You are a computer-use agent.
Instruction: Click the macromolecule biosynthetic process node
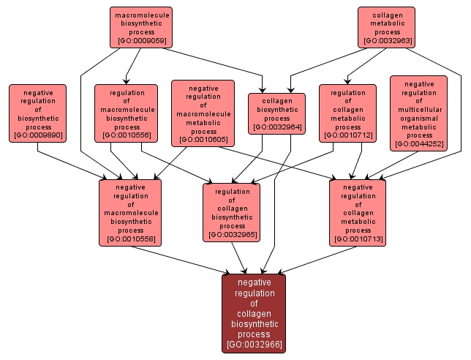click(142, 28)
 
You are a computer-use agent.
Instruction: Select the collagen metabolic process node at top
click(386, 28)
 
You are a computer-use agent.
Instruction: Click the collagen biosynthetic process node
click(276, 113)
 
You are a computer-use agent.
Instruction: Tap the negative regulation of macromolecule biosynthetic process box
click(130, 212)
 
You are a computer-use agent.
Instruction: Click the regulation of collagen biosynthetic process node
click(231, 212)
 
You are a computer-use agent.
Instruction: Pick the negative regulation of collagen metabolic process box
click(357, 212)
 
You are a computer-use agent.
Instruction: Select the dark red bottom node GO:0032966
click(254, 313)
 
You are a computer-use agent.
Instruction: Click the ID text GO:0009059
click(142, 41)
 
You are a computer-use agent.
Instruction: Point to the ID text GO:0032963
click(387, 41)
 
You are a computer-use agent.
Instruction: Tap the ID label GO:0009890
click(37, 135)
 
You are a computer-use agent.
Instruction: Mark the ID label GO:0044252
click(419, 144)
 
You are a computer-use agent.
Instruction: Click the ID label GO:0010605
click(203, 139)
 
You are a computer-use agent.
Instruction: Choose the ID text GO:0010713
click(358, 239)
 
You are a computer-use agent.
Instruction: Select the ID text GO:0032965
click(231, 235)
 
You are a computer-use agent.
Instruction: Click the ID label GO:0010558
click(130, 239)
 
